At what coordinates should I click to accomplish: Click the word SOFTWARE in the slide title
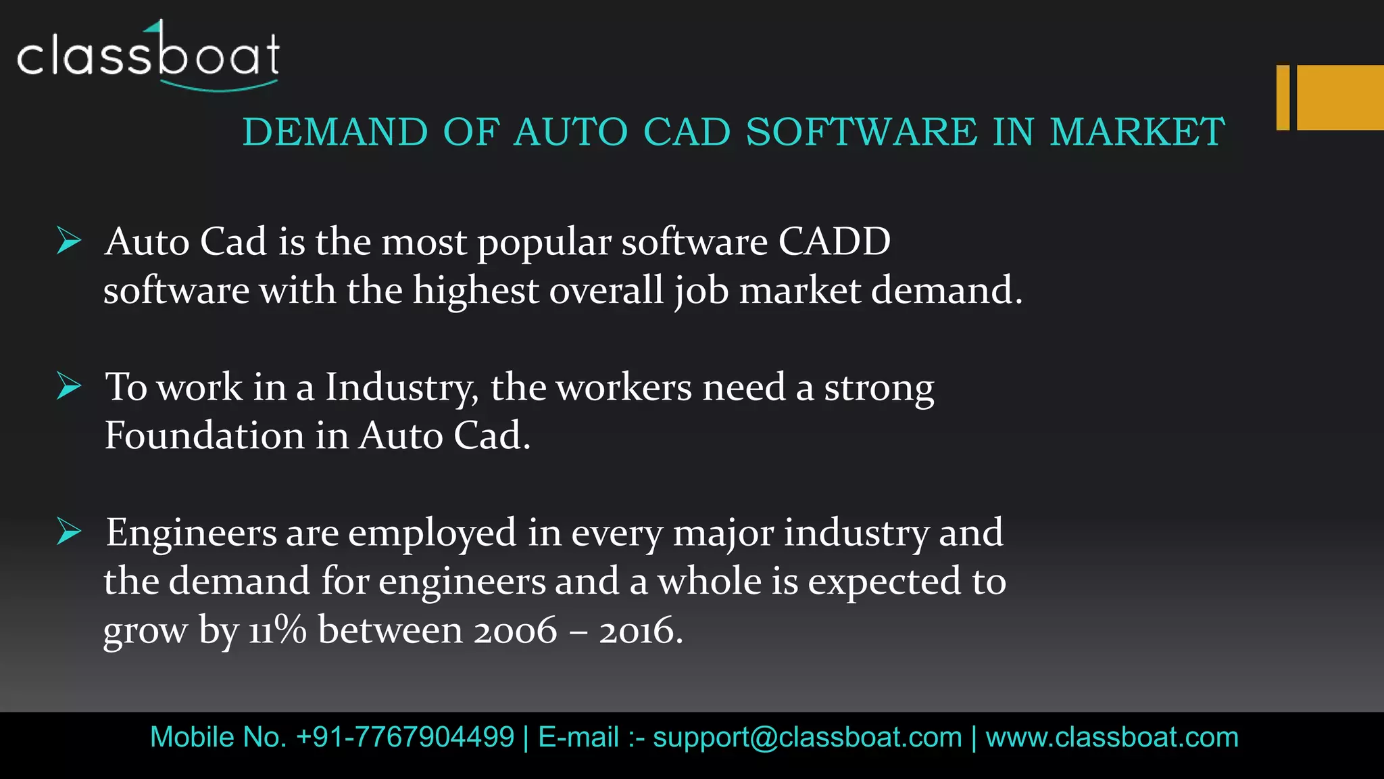tap(862, 131)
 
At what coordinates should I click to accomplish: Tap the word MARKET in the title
tap(1137, 131)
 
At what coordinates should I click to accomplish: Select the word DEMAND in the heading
tap(335, 131)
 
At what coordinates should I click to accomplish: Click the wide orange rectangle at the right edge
tap(1340, 97)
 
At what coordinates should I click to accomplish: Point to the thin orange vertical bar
tap(1283, 97)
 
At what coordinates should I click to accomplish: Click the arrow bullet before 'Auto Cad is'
tap(69, 241)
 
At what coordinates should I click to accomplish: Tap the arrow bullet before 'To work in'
tap(69, 386)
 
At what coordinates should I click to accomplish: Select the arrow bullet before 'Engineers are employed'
tap(69, 532)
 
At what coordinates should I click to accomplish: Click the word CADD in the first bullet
tap(834, 241)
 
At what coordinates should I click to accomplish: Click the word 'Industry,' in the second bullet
tap(402, 387)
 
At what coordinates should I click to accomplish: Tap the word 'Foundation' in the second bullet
tap(204, 435)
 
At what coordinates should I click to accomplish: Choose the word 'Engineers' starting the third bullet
tap(191, 534)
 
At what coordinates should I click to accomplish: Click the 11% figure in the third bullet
tap(277, 630)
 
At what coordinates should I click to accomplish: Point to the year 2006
tap(515, 630)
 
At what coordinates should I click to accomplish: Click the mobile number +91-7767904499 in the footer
tap(405, 737)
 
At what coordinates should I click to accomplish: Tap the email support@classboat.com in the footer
tap(807, 737)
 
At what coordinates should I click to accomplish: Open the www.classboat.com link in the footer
tap(1112, 737)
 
